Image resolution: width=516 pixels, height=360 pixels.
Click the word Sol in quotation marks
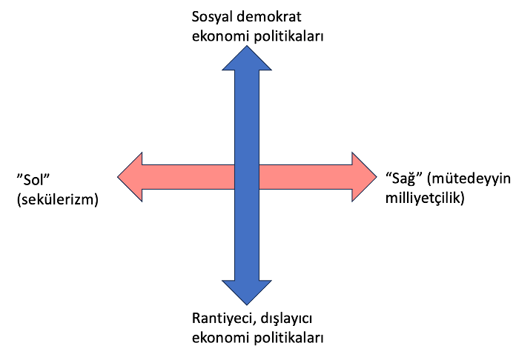tap(33, 179)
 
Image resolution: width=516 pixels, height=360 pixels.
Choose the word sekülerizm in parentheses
tap(58, 199)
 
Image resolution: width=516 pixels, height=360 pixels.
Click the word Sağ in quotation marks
tap(405, 179)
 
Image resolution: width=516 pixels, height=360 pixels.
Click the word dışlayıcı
tap(286, 319)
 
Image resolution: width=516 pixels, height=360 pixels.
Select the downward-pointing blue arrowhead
tap(247, 293)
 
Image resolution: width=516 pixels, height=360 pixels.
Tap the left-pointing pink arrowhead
tap(130, 177)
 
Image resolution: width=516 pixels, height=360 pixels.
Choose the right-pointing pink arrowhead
tap(364, 177)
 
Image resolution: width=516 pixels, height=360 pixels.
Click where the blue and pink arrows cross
tap(247, 177)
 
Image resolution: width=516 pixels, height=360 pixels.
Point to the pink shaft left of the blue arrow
tap(188, 177)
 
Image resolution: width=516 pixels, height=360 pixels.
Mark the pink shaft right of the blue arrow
tap(305, 177)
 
